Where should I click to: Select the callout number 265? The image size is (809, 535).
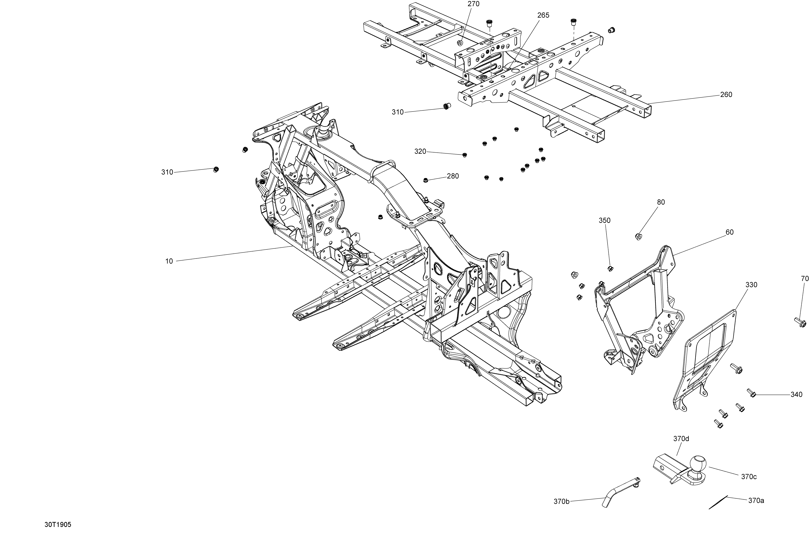click(x=543, y=15)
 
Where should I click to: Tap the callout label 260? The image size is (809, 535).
click(x=726, y=95)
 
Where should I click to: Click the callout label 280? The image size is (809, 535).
click(x=453, y=176)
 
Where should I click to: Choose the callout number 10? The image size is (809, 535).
click(x=169, y=261)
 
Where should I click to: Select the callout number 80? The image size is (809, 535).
click(x=661, y=202)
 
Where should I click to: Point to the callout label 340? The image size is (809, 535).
click(x=796, y=395)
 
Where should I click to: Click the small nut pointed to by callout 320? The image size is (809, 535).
click(x=464, y=155)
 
